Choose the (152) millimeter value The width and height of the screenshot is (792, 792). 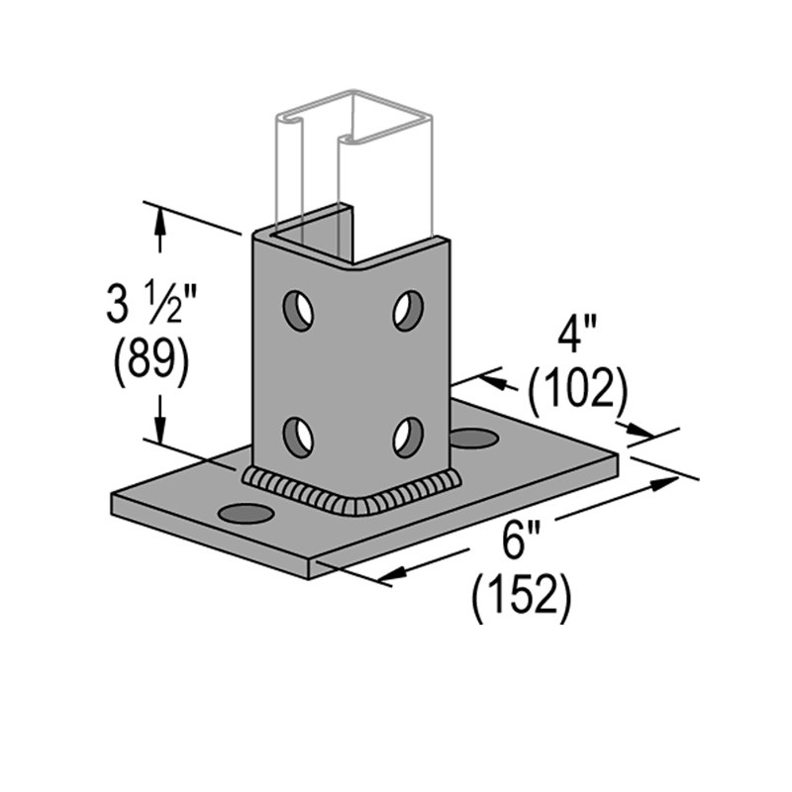pyautogui.click(x=522, y=596)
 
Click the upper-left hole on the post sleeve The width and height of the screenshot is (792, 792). pyautogui.click(x=297, y=311)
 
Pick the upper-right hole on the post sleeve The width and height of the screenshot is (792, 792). pyautogui.click(x=407, y=310)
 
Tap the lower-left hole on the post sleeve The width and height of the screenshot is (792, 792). pyautogui.click(x=297, y=435)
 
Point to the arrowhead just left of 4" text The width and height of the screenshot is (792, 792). pyautogui.click(x=495, y=381)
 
